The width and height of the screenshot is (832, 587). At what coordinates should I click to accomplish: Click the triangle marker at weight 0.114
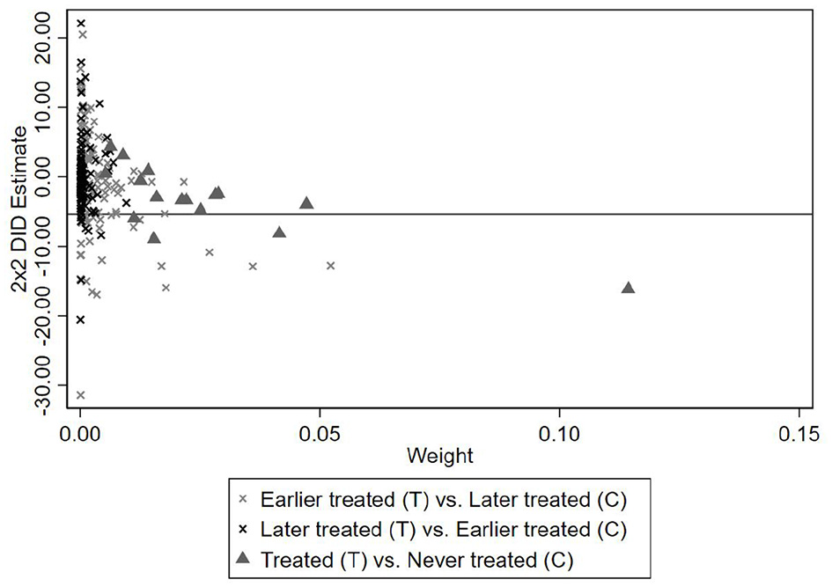click(x=628, y=288)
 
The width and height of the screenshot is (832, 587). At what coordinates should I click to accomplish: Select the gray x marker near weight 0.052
click(x=331, y=266)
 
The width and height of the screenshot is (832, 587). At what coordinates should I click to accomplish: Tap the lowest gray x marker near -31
click(x=81, y=395)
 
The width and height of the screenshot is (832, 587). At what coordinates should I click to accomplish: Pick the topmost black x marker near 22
click(x=81, y=23)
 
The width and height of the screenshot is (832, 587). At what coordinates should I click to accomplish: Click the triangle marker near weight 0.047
click(x=306, y=203)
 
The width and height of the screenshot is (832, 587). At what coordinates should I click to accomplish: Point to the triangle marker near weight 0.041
click(x=280, y=232)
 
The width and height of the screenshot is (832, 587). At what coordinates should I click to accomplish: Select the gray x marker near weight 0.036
click(x=254, y=267)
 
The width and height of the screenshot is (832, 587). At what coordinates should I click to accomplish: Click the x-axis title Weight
click(x=439, y=455)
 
